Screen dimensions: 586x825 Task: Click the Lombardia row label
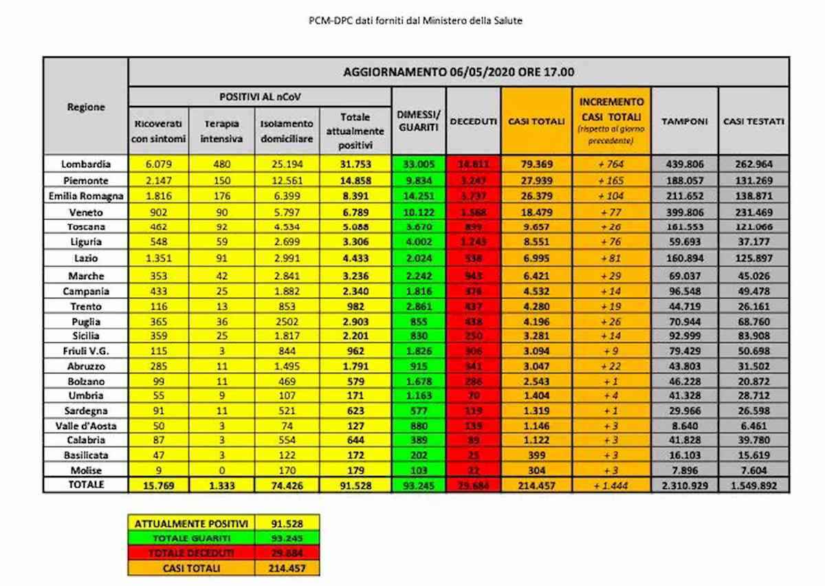(85, 164)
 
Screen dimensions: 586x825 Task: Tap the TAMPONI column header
(684, 122)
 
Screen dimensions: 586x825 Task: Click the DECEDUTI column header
(474, 122)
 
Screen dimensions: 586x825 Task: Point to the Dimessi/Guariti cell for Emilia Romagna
(418, 195)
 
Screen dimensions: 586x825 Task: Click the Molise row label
(85, 470)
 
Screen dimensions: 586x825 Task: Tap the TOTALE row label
(85, 484)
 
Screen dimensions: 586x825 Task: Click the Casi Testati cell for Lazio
(753, 259)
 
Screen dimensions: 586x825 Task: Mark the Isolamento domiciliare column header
(287, 130)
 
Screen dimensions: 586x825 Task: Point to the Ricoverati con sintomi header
(158, 130)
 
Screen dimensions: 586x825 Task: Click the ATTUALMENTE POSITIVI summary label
(190, 523)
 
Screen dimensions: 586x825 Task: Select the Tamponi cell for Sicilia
(684, 336)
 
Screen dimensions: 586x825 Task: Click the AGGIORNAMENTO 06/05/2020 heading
(458, 72)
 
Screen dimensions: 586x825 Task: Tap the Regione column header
(86, 107)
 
